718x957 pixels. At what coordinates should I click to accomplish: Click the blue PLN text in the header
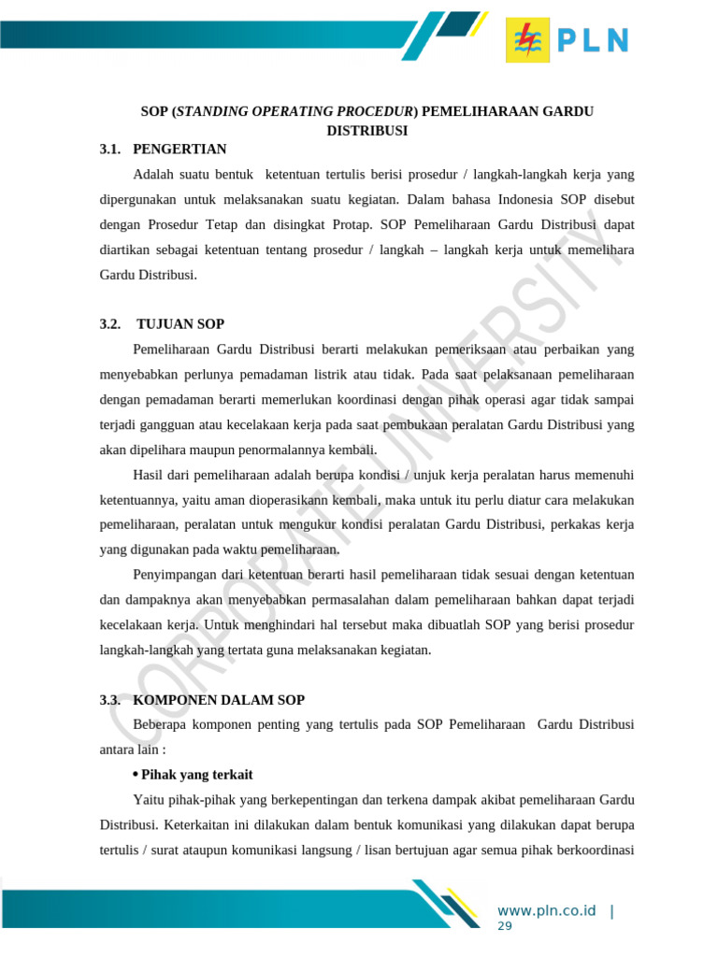(x=594, y=40)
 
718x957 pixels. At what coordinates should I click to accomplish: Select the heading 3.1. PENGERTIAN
(x=163, y=149)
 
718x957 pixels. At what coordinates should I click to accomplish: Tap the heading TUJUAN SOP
(x=180, y=324)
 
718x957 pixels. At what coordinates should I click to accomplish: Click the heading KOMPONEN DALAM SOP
(x=219, y=700)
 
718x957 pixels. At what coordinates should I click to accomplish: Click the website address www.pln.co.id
(x=546, y=911)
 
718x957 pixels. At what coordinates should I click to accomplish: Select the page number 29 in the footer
(x=505, y=926)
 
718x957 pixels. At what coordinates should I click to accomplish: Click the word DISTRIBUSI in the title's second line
(x=366, y=131)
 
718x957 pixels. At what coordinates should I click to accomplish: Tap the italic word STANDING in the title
(x=208, y=111)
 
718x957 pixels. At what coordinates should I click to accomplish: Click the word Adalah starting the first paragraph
(x=154, y=175)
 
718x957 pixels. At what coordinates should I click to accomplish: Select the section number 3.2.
(x=110, y=324)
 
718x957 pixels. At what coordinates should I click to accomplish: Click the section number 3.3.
(x=110, y=700)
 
